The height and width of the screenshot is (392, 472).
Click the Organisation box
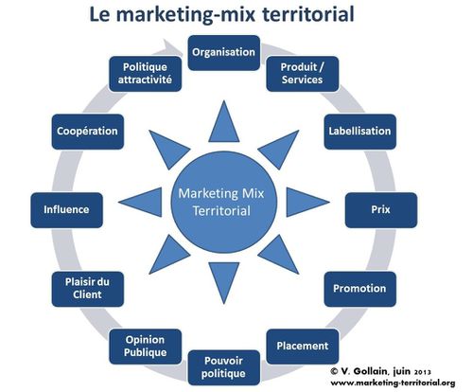(x=224, y=53)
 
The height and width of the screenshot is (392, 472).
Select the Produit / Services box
(x=303, y=74)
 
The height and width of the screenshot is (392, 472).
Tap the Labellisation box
(x=360, y=132)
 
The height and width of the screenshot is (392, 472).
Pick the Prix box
(x=381, y=210)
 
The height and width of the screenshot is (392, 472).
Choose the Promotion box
(x=360, y=289)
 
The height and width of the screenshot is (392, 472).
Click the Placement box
(x=303, y=347)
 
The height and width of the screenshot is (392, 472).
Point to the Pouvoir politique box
(x=224, y=367)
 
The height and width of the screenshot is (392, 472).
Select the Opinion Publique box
(x=146, y=347)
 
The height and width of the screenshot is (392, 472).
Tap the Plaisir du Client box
(x=88, y=289)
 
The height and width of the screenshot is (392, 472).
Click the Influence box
(x=66, y=210)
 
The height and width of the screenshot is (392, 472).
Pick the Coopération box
(x=88, y=132)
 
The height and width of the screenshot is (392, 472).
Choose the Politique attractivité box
(x=146, y=74)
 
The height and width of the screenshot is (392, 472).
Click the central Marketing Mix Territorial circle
(x=224, y=203)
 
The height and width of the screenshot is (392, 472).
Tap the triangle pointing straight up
(x=224, y=126)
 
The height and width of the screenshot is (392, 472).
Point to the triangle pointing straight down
(x=224, y=278)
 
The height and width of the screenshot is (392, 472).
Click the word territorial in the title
(x=308, y=14)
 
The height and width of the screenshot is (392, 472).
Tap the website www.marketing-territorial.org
(x=393, y=383)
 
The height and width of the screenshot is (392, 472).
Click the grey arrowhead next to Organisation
(x=173, y=47)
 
